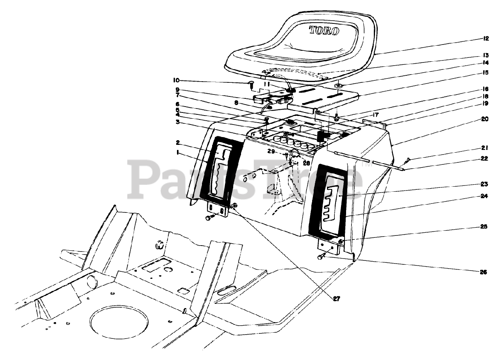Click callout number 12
tap(485, 39)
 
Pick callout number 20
tap(485, 119)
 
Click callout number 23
tap(485, 184)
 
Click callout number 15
tap(485, 72)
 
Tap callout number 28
tap(306, 163)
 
